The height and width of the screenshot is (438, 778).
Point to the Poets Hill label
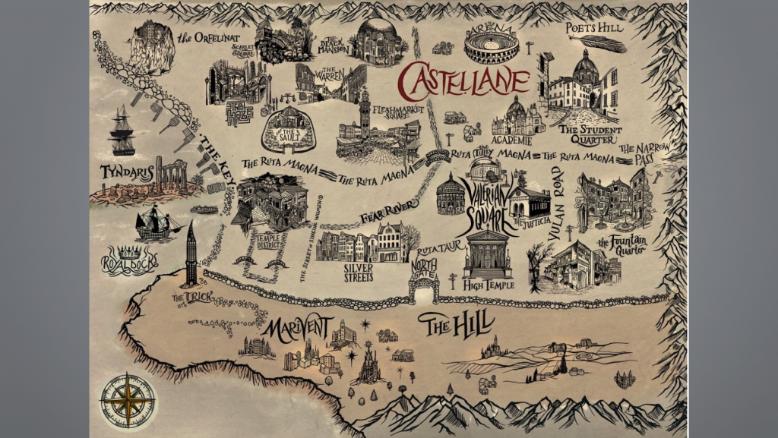594,28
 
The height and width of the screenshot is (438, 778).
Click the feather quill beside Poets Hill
606,43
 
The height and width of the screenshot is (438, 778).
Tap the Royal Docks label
128,260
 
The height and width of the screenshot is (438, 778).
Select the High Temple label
488,285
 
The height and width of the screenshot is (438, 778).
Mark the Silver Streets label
359,273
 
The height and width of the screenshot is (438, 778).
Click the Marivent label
297,330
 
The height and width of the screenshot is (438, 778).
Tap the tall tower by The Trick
191,254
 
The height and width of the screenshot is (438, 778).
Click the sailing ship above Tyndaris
122,131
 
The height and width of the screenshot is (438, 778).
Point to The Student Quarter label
590,134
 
